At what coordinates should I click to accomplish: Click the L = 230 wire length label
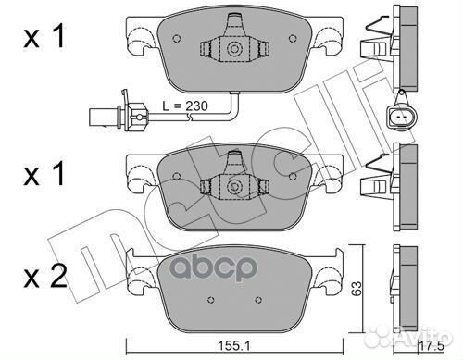(185, 106)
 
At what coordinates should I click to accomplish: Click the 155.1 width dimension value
(234, 346)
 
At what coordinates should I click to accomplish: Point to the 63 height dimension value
(357, 289)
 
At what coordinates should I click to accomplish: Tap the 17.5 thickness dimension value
(432, 346)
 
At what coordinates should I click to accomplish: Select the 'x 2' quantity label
(45, 277)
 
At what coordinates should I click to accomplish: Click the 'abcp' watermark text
(213, 267)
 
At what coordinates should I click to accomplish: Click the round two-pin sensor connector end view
(401, 117)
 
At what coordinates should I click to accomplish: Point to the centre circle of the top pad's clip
(233, 49)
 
